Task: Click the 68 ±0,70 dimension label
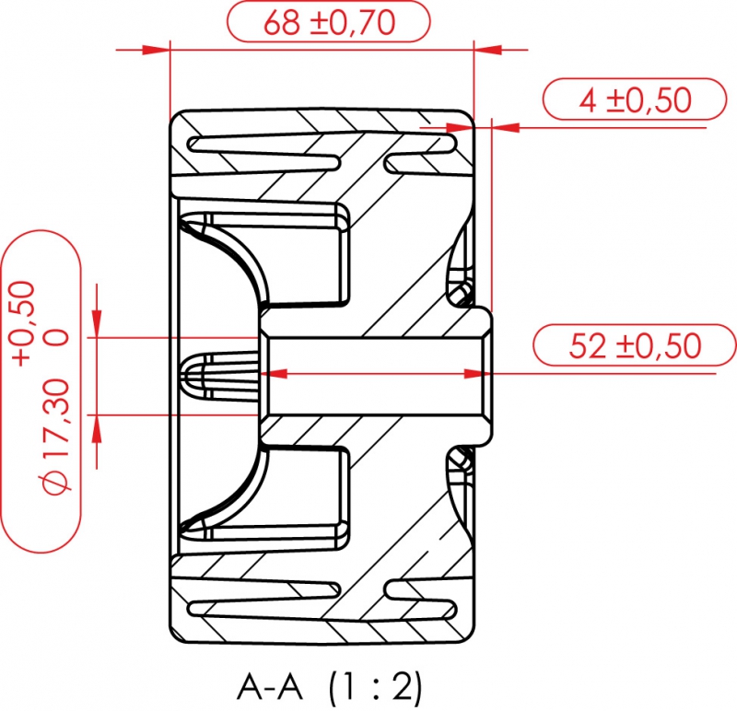click(x=329, y=23)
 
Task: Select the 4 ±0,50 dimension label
click(x=635, y=99)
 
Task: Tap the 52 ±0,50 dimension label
click(x=635, y=346)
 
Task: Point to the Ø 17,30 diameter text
click(x=57, y=433)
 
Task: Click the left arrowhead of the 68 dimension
click(x=160, y=49)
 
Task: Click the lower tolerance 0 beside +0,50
click(x=57, y=338)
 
